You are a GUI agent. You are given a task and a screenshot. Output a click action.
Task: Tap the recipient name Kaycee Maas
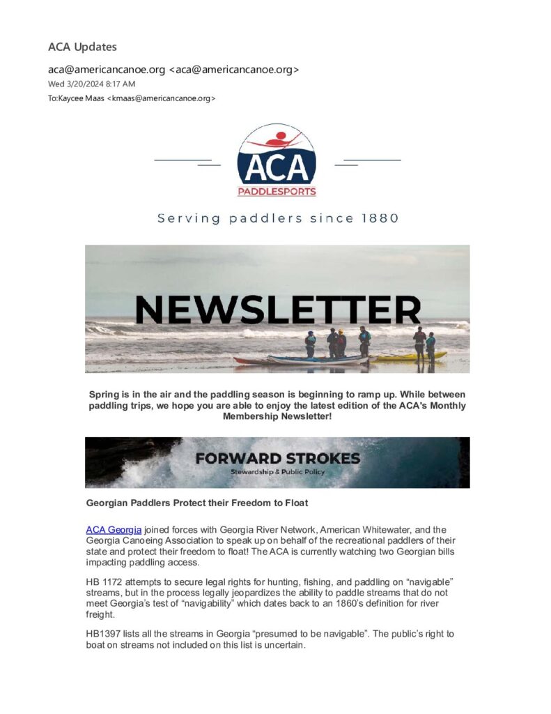tap(79, 98)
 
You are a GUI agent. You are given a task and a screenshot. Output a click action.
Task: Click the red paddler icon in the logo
tap(277, 137)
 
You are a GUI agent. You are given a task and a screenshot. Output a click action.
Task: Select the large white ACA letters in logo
tap(277, 167)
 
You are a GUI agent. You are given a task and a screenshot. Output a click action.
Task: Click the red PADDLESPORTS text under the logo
tap(277, 192)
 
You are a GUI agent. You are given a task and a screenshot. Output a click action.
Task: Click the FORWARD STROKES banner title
tap(277, 458)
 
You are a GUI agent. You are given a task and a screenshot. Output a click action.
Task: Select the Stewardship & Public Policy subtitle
tap(277, 472)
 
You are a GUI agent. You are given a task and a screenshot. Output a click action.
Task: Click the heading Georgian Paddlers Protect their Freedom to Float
tap(196, 502)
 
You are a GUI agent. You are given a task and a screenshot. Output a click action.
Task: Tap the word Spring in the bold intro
tap(104, 395)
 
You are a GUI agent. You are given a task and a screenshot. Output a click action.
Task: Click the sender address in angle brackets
tap(234, 70)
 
